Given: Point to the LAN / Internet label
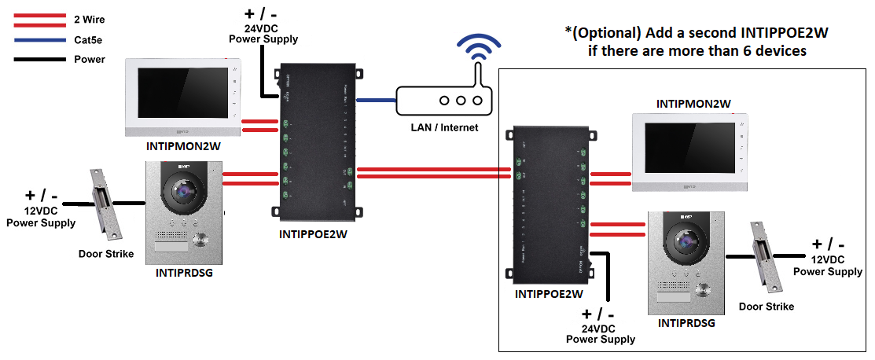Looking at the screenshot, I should coord(445,127).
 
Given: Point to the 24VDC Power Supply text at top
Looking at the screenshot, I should coord(263,32).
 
